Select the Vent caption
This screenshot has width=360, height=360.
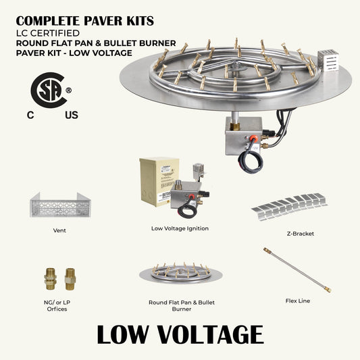59,230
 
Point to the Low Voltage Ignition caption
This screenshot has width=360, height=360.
180,228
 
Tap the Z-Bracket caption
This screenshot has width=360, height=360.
300,234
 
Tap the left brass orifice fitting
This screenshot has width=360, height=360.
51,278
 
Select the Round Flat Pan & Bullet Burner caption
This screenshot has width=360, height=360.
180,305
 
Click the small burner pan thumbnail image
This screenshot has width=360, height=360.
179,274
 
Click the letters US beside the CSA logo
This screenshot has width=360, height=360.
72,115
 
